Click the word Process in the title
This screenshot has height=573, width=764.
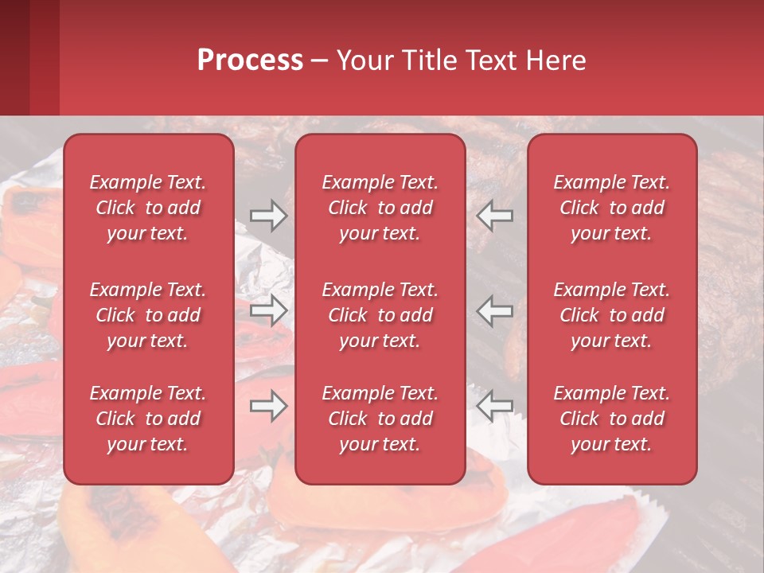(x=250, y=60)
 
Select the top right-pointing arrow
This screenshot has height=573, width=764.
(x=268, y=216)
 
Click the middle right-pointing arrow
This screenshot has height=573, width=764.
(x=268, y=310)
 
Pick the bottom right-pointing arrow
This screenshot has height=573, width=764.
(x=268, y=406)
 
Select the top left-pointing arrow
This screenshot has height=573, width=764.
(x=495, y=216)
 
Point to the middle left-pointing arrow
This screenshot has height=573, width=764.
(x=495, y=310)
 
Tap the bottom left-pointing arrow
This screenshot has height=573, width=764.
(x=495, y=406)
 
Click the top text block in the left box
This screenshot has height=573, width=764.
(x=148, y=208)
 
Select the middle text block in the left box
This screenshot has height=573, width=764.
(x=148, y=315)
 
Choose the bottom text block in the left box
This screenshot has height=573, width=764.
(x=148, y=419)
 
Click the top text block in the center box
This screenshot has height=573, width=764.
(x=380, y=208)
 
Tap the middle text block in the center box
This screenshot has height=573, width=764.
(x=380, y=315)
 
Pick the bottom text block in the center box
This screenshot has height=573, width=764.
(x=380, y=419)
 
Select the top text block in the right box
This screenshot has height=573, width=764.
(x=612, y=208)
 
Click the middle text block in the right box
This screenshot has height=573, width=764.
(x=612, y=315)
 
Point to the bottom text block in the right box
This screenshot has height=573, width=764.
(x=612, y=419)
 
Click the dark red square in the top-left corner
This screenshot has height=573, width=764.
(x=15, y=57)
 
